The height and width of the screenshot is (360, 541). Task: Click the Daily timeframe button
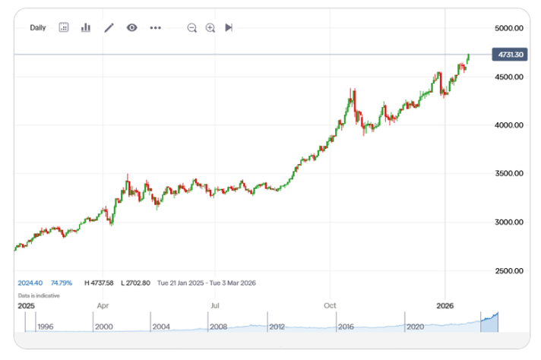pos(38,28)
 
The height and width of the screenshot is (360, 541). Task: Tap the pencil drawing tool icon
pos(109,28)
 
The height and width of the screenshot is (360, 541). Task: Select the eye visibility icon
pos(132,28)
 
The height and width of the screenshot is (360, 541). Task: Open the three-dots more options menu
pos(156,28)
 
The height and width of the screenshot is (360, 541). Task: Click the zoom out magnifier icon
pos(191,28)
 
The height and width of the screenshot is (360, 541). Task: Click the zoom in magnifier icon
pos(210,28)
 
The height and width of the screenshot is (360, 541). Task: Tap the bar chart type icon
pos(86,28)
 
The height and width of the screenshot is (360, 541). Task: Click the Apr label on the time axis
pos(103,306)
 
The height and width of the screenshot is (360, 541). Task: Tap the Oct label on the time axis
pos(330,306)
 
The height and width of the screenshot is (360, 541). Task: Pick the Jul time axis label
pos(216,306)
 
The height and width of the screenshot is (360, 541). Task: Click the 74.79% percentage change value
pos(61,283)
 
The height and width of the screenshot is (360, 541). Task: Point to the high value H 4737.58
pos(99,283)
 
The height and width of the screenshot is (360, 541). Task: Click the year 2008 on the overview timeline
pos(219,327)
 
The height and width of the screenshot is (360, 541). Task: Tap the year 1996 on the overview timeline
pos(45,327)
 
